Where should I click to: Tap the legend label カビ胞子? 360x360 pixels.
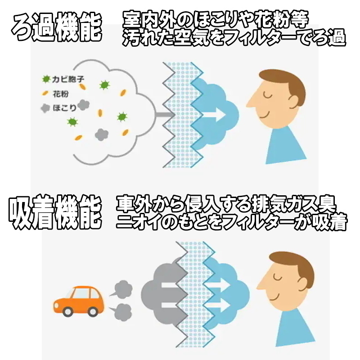tap(68, 79)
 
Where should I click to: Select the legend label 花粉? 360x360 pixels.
tap(61, 94)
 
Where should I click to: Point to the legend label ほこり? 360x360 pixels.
tap(64, 108)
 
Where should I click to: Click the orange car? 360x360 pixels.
tap(78, 301)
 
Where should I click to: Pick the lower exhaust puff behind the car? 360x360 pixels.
tap(121, 312)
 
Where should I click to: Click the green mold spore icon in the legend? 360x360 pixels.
tap(46, 79)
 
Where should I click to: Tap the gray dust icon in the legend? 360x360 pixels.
tap(45, 108)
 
